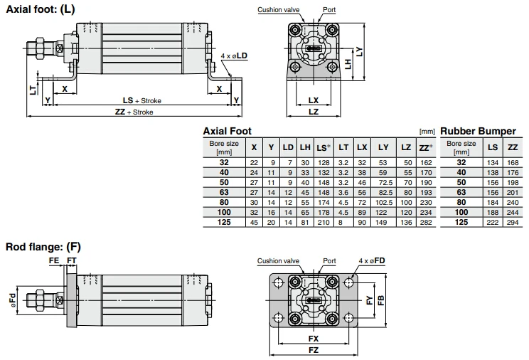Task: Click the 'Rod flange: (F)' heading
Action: click(x=43, y=247)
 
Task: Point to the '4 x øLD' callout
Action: click(x=235, y=55)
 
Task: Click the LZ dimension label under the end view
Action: click(x=314, y=112)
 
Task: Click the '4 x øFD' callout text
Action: click(x=373, y=261)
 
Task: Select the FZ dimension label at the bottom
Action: click(x=314, y=350)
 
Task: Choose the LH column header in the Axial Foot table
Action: click(x=305, y=147)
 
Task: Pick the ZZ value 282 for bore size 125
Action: click(x=425, y=223)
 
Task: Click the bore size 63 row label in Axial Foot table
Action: click(x=224, y=192)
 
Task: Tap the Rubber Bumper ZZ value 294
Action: click(x=512, y=223)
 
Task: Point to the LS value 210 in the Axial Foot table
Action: click(x=323, y=223)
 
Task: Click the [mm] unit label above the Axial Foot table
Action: click(x=427, y=132)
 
